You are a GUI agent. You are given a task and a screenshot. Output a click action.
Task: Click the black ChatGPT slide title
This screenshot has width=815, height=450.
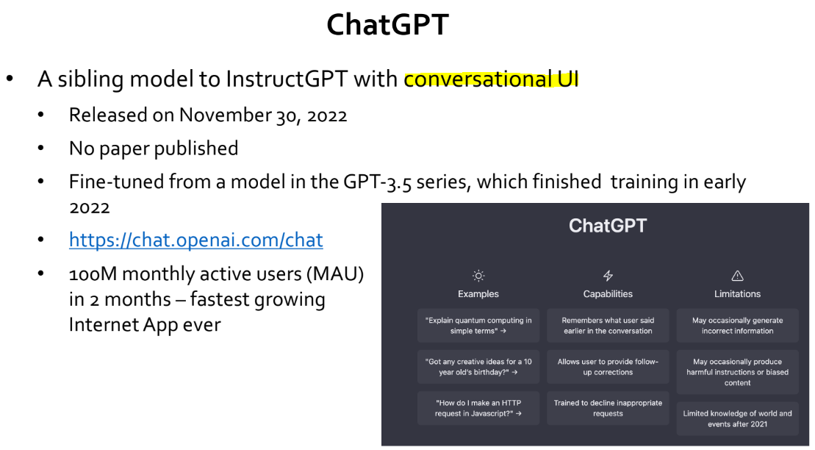tap(387, 24)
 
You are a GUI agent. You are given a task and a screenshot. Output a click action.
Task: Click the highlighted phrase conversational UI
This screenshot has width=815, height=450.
tap(491, 79)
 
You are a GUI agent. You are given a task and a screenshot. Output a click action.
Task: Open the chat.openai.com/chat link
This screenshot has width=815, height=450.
tap(196, 240)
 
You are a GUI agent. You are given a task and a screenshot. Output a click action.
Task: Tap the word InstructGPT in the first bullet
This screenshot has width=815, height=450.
tap(287, 79)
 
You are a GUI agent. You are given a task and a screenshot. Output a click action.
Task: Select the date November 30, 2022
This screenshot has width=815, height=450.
tap(263, 115)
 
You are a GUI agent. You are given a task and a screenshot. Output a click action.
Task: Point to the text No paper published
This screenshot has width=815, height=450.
tap(154, 149)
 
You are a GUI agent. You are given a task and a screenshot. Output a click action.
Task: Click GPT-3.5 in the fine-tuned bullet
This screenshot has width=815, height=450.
tap(377, 182)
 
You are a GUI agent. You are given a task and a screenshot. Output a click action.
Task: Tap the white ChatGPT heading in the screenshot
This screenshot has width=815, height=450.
tap(608, 226)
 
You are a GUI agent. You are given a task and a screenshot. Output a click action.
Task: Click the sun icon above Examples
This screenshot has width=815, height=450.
tap(478, 276)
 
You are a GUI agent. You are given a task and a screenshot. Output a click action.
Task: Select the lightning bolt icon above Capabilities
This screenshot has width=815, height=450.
tap(608, 276)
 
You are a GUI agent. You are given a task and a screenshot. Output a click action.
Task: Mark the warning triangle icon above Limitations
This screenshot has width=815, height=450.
tap(737, 276)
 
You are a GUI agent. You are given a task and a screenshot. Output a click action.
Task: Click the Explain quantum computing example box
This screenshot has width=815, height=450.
tap(478, 326)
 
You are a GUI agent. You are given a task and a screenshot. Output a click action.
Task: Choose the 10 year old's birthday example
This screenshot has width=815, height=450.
tap(478, 367)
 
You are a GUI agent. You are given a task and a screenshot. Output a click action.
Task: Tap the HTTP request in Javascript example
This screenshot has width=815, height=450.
tap(478, 408)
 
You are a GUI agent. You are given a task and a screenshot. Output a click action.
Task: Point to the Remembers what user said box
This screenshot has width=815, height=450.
tap(608, 326)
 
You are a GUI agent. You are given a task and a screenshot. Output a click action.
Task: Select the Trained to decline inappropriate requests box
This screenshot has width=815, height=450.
tap(608, 408)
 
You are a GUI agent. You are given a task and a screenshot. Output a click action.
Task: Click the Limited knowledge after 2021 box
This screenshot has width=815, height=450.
tap(737, 419)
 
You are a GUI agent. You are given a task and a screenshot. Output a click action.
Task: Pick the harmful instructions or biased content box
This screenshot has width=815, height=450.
tap(737, 372)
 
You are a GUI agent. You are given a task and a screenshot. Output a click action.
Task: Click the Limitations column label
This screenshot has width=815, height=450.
tap(737, 294)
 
